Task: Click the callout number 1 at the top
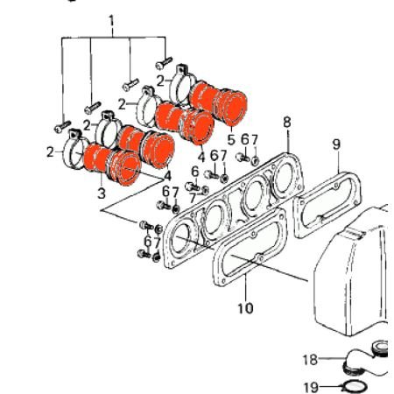click(110, 19)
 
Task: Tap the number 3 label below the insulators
click(101, 192)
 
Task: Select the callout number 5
click(230, 138)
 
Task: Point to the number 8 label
click(286, 122)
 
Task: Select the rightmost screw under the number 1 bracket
click(164, 62)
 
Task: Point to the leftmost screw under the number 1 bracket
click(61, 125)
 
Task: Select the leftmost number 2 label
click(49, 151)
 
